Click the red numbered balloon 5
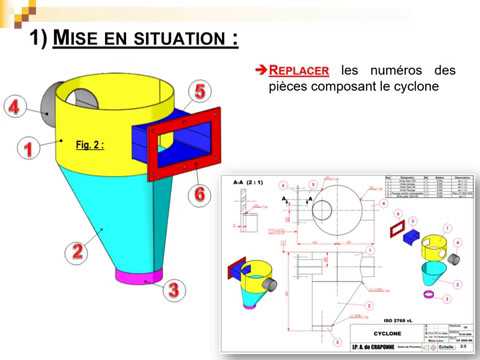coord(200,92)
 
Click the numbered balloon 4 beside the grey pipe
coord(15,107)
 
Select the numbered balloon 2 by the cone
coord(75,251)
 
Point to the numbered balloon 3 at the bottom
coord(173,290)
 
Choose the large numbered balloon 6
coord(200,193)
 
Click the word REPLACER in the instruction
coord(299,72)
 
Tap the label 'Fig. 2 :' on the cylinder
coord(90,145)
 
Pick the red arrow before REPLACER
coord(262,72)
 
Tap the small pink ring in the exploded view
coord(428,297)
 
